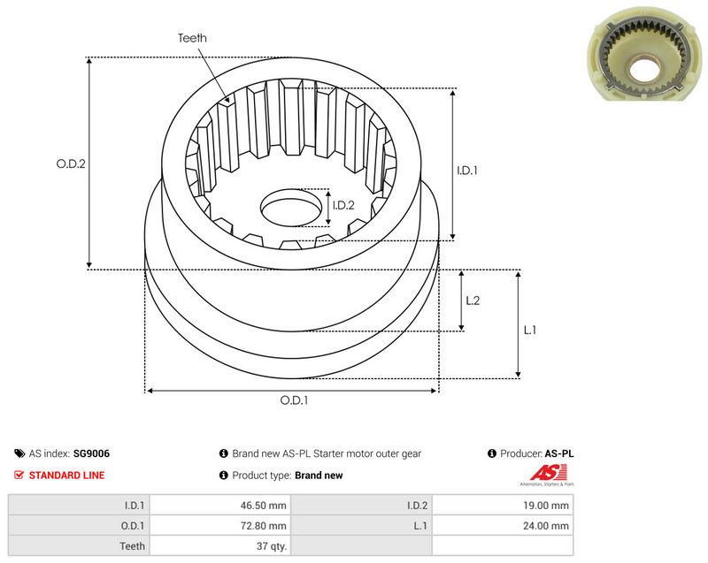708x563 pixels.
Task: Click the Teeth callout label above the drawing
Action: pyautogui.click(x=192, y=38)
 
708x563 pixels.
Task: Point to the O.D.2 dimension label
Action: pyautogui.click(x=71, y=164)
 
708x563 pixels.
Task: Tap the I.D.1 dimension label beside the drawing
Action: pyautogui.click(x=467, y=171)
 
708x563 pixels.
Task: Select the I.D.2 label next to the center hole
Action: pyautogui.click(x=343, y=206)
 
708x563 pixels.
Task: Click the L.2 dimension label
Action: pyautogui.click(x=473, y=301)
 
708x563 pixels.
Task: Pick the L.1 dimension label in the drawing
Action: pyautogui.click(x=529, y=330)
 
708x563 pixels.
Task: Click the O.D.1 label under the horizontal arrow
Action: pyautogui.click(x=294, y=400)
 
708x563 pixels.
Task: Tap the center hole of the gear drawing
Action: pyautogui.click(x=291, y=208)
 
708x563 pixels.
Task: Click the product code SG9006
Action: pyautogui.click(x=91, y=453)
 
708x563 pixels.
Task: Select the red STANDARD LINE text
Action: pyautogui.click(x=67, y=476)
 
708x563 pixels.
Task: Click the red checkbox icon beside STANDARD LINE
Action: pyautogui.click(x=19, y=475)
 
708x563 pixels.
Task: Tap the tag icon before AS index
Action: pyautogui.click(x=19, y=453)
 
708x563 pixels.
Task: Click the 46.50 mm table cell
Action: pyautogui.click(x=219, y=506)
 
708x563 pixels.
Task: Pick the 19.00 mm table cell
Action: pyautogui.click(x=503, y=506)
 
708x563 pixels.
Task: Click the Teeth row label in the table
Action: pyautogui.click(x=132, y=546)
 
